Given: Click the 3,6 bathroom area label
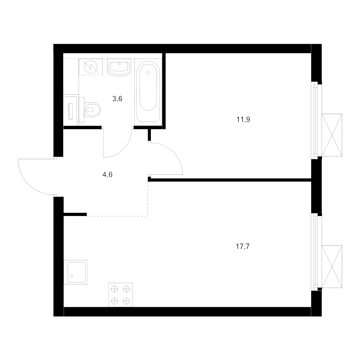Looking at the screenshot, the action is pos(117,99).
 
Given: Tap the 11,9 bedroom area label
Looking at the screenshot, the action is pos(243,120).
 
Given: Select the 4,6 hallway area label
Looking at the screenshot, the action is pos(107,175).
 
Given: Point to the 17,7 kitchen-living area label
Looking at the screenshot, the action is pos(242,246).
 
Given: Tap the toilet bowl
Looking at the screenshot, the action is pos(92,110).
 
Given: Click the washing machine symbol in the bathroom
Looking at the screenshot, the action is pos(91,67).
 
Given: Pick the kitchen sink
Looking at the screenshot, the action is pos(76,272).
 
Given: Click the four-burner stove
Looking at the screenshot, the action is pos(120,295).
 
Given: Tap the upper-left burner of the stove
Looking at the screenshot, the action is pos(114,289).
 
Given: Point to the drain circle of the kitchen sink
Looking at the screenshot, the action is pos(72,276).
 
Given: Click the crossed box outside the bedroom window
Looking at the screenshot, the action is pos(332,135).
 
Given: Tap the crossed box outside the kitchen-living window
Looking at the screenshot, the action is pos(332,266).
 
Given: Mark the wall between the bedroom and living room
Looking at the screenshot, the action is pos(230,180).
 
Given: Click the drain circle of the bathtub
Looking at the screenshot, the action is pos(148,73).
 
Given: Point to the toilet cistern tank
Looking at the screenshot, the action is pos(81,110).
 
